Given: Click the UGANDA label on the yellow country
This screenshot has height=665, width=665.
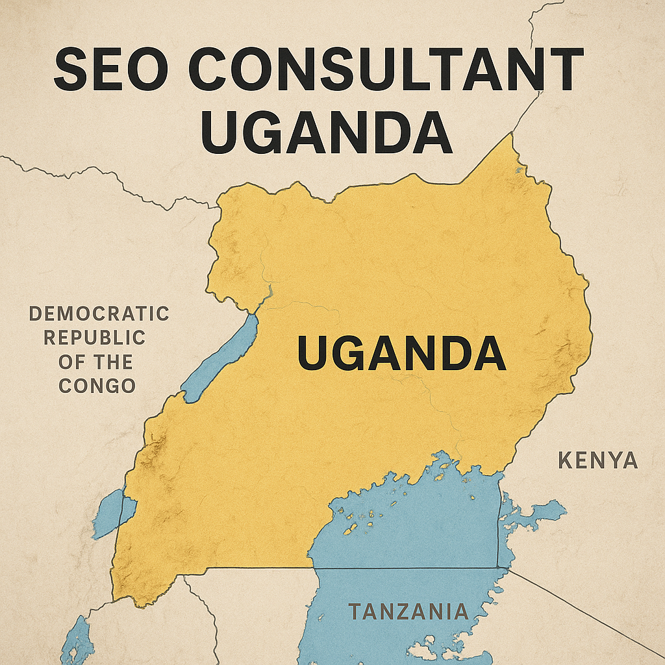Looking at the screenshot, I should tap(401, 354).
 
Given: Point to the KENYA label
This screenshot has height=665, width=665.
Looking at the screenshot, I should tap(597, 461).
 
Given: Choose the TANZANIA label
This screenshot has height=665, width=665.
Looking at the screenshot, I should tap(408, 612).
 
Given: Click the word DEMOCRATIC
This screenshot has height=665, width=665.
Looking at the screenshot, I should tap(99, 314).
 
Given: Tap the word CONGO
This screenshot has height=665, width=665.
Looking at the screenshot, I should tap(97, 386).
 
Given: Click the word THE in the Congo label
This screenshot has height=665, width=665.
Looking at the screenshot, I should tap(112, 362).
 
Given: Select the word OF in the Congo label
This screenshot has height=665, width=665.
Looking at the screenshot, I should tap(69, 362).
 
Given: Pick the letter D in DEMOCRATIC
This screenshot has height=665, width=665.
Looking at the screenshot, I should tap(36, 314).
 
